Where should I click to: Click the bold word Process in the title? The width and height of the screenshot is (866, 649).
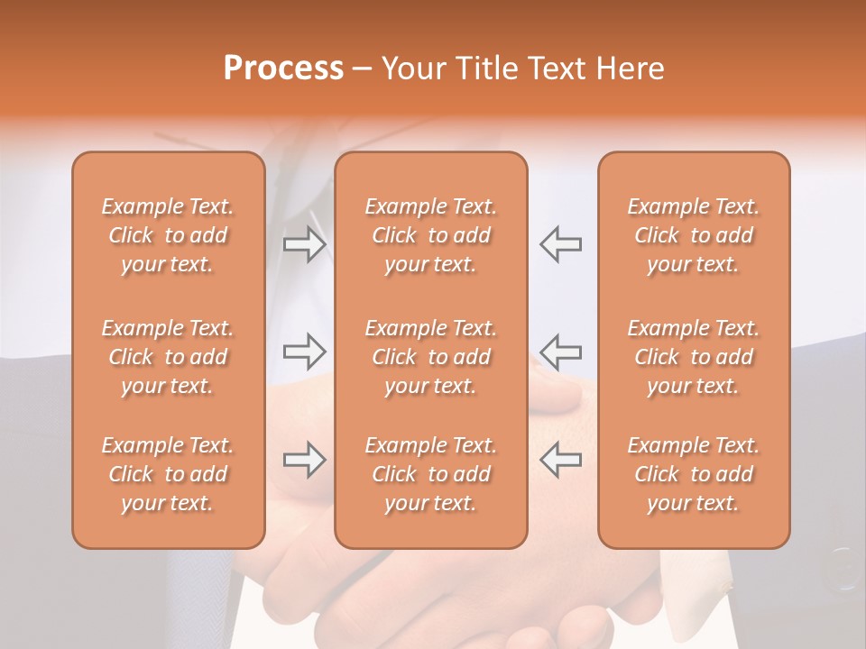283,69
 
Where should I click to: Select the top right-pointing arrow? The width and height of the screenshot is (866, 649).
305,244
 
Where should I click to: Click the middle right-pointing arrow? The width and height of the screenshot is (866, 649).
305,352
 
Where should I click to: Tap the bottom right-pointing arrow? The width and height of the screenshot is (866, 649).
305,461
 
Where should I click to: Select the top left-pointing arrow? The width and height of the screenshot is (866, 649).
560,244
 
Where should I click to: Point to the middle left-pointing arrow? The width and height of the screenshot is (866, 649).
560,352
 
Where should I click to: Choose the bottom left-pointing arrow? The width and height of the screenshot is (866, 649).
560,461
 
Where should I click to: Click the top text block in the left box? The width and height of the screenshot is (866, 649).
168,235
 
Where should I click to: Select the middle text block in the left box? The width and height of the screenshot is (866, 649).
168,357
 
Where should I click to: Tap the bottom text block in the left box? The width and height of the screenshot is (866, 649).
168,474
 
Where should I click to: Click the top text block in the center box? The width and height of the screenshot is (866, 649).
430,235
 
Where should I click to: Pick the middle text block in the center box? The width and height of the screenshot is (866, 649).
430,357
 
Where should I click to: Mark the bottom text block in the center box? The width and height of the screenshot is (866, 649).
430,474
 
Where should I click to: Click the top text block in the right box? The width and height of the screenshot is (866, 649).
694,235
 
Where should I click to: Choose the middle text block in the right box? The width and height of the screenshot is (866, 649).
694,357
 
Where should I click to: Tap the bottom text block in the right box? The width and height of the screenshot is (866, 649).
694,474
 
